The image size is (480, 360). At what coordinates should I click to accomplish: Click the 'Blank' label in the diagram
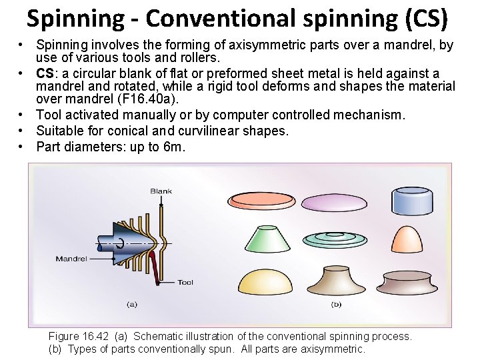pos(161,191)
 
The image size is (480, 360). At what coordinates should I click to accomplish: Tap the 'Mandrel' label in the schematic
pos(70,259)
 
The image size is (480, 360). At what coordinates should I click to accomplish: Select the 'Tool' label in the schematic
pos(185,283)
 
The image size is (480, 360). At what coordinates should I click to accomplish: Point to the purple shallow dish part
pos(337,200)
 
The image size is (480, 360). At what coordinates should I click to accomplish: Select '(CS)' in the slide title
pos(424,19)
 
